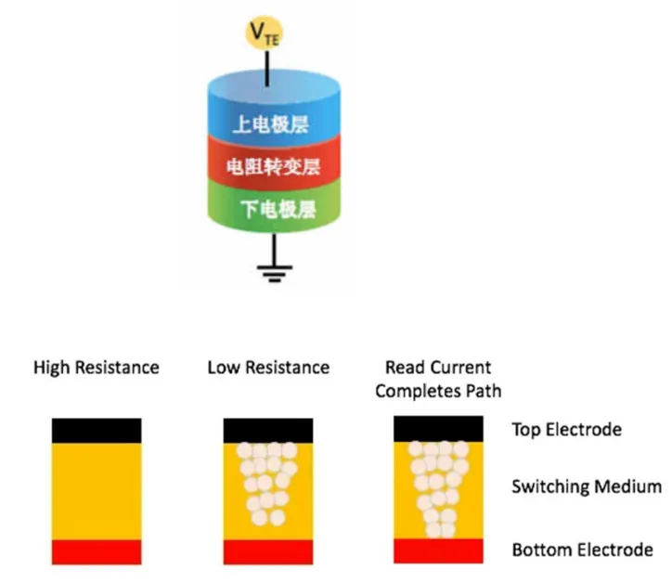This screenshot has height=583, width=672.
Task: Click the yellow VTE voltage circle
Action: pyautogui.click(x=267, y=34)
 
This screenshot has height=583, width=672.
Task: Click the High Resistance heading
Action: pyautogui.click(x=97, y=368)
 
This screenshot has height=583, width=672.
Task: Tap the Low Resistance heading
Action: pyautogui.click(x=268, y=368)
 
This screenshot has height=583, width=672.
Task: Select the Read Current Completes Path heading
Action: pyautogui.click(x=438, y=379)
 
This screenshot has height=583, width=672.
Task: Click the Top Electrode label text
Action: pyautogui.click(x=566, y=430)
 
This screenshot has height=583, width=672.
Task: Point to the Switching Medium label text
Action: pyautogui.click(x=587, y=486)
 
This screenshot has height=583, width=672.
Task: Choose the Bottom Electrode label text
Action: pyautogui.click(x=582, y=551)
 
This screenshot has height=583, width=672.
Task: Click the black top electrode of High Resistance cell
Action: pyautogui.click(x=97, y=430)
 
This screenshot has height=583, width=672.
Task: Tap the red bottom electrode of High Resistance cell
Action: pyautogui.click(x=97, y=551)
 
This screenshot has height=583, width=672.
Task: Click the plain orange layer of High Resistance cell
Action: pyautogui.click(x=97, y=490)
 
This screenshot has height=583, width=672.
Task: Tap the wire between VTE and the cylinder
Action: pyautogui.click(x=268, y=67)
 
